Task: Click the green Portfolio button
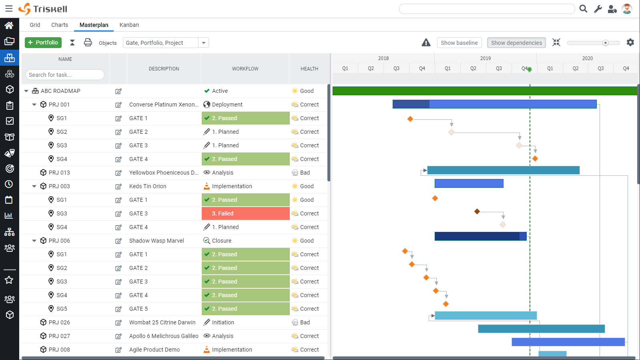tap(43, 42)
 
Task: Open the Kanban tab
tap(129, 25)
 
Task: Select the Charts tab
tap(60, 25)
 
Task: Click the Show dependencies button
tap(516, 43)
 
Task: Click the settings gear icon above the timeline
tap(630, 42)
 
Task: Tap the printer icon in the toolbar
tap(88, 42)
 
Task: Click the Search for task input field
tap(65, 75)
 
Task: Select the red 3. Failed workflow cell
tap(245, 213)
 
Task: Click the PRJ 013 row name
tap(59, 173)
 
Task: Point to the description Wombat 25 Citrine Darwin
tap(162, 322)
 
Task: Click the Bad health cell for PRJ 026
tap(305, 322)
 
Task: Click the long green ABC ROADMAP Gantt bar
tap(484, 91)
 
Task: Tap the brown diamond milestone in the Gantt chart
tap(477, 211)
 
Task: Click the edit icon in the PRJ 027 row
tap(118, 336)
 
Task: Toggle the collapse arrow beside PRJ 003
tap(34, 186)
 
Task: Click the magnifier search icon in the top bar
tap(583, 9)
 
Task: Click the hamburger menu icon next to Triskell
tap(9, 9)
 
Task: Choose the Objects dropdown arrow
tap(204, 43)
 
